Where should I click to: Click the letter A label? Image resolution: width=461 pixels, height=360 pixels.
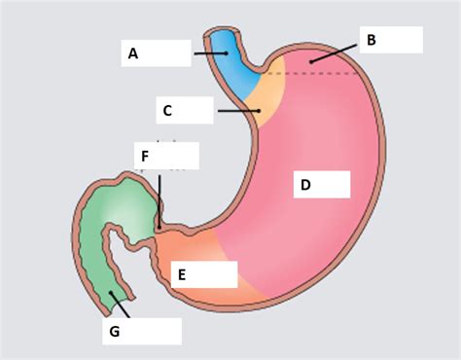click(133, 54)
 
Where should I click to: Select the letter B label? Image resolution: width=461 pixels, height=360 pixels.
click(371, 40)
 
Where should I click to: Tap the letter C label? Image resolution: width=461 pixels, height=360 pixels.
click(167, 111)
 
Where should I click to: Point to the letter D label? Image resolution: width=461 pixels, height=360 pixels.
click(305, 185)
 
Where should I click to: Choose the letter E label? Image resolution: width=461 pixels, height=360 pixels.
click(181, 275)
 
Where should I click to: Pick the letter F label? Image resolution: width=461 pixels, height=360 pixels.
click(145, 156)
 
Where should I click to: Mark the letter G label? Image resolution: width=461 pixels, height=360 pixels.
click(115, 331)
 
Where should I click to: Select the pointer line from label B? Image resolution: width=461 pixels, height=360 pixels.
click(334, 53)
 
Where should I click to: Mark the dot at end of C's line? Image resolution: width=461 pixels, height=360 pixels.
click(259, 111)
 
